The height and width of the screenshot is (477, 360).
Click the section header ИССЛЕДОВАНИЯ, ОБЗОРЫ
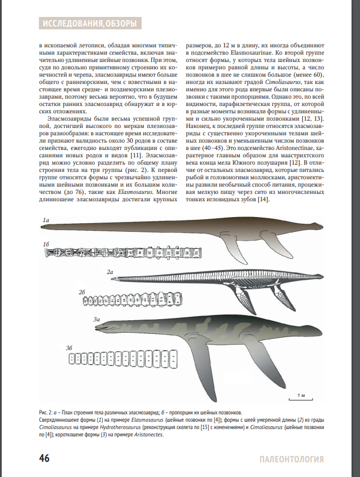[x=89, y=23]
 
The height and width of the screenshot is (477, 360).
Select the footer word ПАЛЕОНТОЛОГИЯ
[x=292, y=458]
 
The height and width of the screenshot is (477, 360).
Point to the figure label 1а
[x=46, y=219]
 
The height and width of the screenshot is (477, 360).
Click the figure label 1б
[x=46, y=244]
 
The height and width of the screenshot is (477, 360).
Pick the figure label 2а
[x=111, y=272]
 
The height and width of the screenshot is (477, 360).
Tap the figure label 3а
[x=96, y=320]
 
